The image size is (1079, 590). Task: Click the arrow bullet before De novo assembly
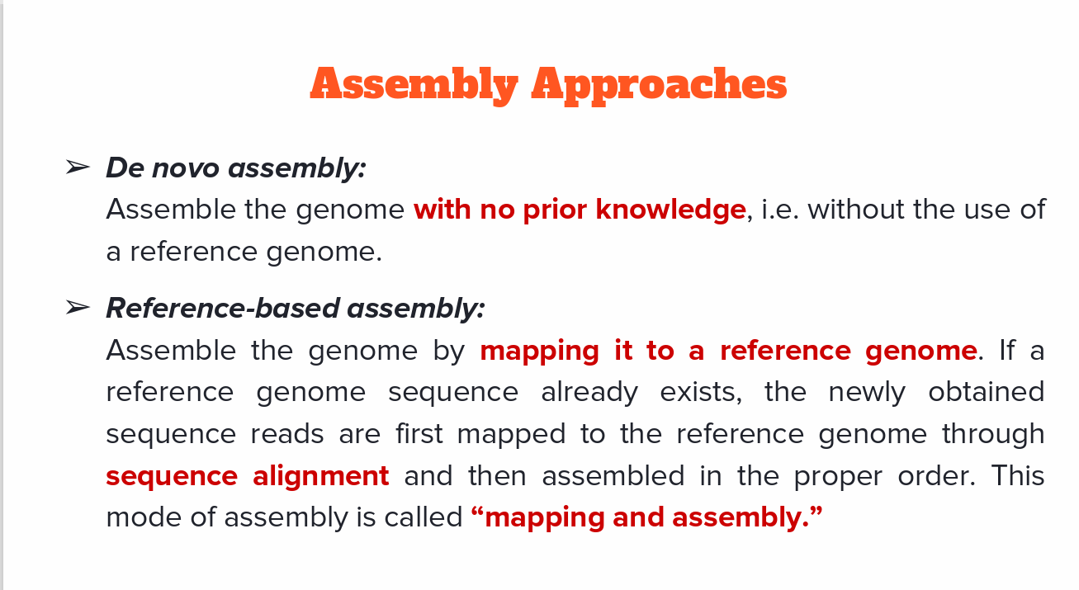pos(78,168)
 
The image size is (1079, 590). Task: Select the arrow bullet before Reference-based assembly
pos(78,307)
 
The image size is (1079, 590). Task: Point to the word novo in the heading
pos(186,168)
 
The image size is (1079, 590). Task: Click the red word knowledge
pos(671,210)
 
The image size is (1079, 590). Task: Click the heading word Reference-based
pos(223,308)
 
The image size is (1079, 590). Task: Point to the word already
pos(589,393)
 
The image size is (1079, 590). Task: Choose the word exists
pos(701,392)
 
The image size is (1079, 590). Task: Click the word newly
pos(867,393)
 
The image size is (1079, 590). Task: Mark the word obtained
pos(987,391)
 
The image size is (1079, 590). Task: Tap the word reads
pos(287,433)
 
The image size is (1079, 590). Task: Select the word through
pos(993,434)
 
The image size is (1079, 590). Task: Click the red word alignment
pos(321,476)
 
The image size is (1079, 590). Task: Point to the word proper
pos(838,477)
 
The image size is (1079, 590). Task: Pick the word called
pos(424,517)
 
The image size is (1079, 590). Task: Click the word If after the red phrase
pos(1007,350)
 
